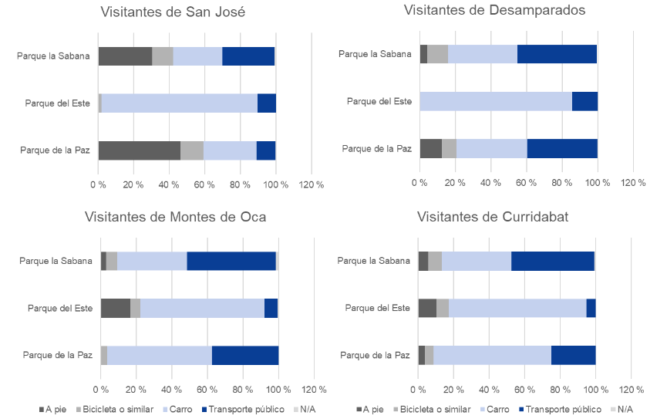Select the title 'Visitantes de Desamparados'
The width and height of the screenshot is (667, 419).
[x=494, y=10]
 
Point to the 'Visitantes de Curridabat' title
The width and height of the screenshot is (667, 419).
[x=493, y=217]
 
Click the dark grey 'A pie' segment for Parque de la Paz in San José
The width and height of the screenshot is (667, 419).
[x=139, y=150]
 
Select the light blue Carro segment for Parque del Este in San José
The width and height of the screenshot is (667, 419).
[x=179, y=103]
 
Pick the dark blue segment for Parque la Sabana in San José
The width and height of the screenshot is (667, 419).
[x=248, y=56]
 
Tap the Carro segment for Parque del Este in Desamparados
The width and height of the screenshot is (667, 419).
[x=496, y=101]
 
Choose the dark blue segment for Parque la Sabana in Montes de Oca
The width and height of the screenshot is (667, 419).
[x=231, y=261]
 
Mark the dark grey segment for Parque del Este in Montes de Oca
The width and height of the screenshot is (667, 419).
[x=115, y=309]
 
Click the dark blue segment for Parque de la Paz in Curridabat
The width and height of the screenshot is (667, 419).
[x=573, y=355]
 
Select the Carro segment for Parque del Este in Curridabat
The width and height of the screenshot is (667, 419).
[x=517, y=308]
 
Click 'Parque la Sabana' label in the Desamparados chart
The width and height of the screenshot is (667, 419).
[x=375, y=54]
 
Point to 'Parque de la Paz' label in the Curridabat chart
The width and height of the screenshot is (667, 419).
[x=375, y=355]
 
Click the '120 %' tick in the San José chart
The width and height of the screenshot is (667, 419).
[x=311, y=185]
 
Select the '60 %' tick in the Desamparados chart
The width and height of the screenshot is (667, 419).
[x=526, y=183]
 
